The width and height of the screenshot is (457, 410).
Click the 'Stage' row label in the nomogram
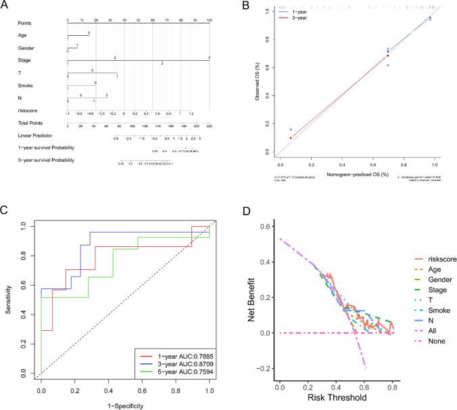[x=24, y=61]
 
